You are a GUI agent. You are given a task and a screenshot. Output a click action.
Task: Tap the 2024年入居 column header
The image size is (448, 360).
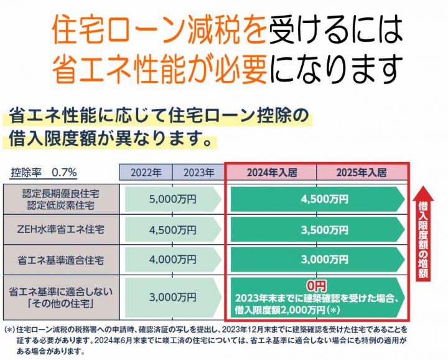pos(271,173)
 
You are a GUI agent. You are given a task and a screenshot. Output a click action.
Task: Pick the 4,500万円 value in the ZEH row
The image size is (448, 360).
pos(172,229)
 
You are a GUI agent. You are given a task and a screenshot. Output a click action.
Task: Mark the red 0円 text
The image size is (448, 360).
pos(316,285)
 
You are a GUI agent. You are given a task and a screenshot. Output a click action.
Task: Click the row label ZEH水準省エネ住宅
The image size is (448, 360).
pos(62,229)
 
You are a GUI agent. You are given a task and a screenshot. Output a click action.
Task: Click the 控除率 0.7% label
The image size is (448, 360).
pos(44,173)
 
